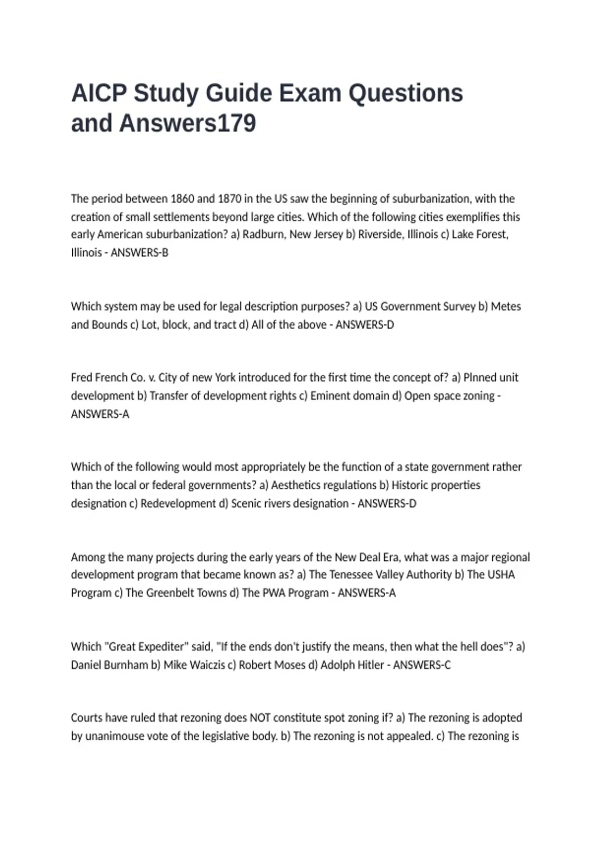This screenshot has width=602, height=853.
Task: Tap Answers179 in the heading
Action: coord(188,123)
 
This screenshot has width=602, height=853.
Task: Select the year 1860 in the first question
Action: coord(182,199)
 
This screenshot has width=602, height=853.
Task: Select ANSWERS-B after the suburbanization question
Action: coord(139,252)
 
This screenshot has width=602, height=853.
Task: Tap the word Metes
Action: coord(506,306)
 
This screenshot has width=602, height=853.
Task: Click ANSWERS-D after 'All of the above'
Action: coord(365,325)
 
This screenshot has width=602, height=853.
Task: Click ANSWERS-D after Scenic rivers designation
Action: coord(387,503)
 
